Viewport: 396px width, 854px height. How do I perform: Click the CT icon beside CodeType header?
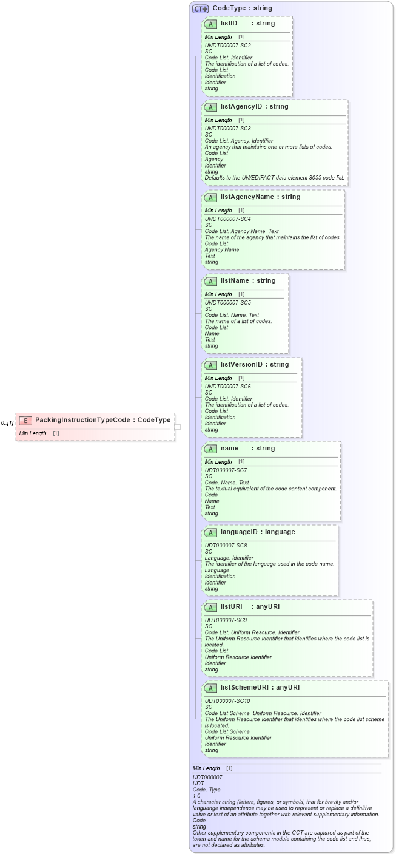pos(200,8)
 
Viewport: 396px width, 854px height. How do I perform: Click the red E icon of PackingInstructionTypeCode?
pos(25,420)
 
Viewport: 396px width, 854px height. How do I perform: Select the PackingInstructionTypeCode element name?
pos(85,420)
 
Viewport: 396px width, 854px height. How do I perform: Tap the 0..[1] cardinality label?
pos(7,422)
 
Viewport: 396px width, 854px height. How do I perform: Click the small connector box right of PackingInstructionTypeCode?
pos(178,427)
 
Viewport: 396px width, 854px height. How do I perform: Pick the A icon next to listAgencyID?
pos(210,107)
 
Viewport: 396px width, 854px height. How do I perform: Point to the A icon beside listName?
pos(210,282)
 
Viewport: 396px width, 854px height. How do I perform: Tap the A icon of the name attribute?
pos(210,449)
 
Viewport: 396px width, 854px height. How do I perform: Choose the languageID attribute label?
pos(241,532)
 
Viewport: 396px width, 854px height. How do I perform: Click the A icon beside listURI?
pos(210,608)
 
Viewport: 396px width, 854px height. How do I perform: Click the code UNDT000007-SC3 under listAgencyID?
pos(227,129)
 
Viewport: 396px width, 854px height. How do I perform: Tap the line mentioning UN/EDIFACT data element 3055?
pos(274,178)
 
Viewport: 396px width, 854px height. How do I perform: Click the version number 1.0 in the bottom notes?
pos(196,796)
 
